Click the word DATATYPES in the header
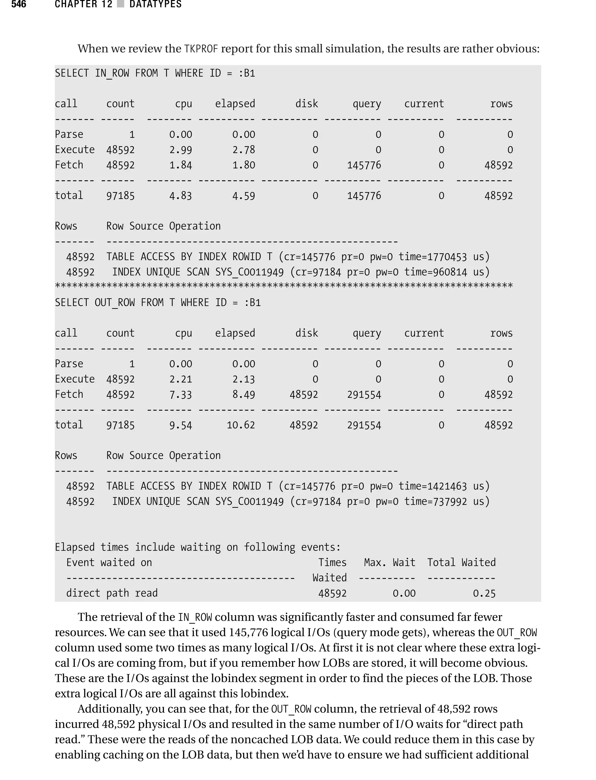click(155, 4)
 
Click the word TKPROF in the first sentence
click(201, 49)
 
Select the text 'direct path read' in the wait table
click(112, 593)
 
